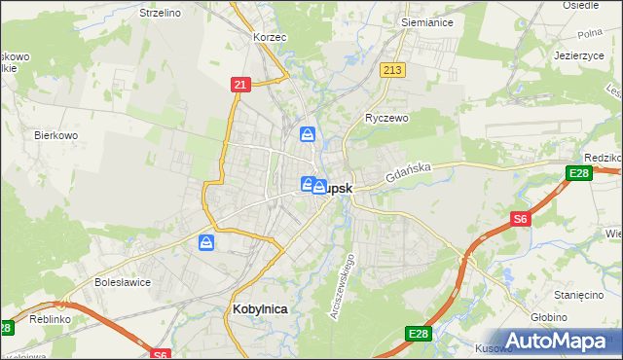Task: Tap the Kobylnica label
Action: pos(260,308)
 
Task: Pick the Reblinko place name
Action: pos(50,319)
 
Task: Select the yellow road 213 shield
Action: pos(393,70)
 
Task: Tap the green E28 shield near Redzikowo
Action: pos(577,174)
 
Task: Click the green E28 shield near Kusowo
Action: pos(419,335)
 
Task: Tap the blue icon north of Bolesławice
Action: pos(206,242)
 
